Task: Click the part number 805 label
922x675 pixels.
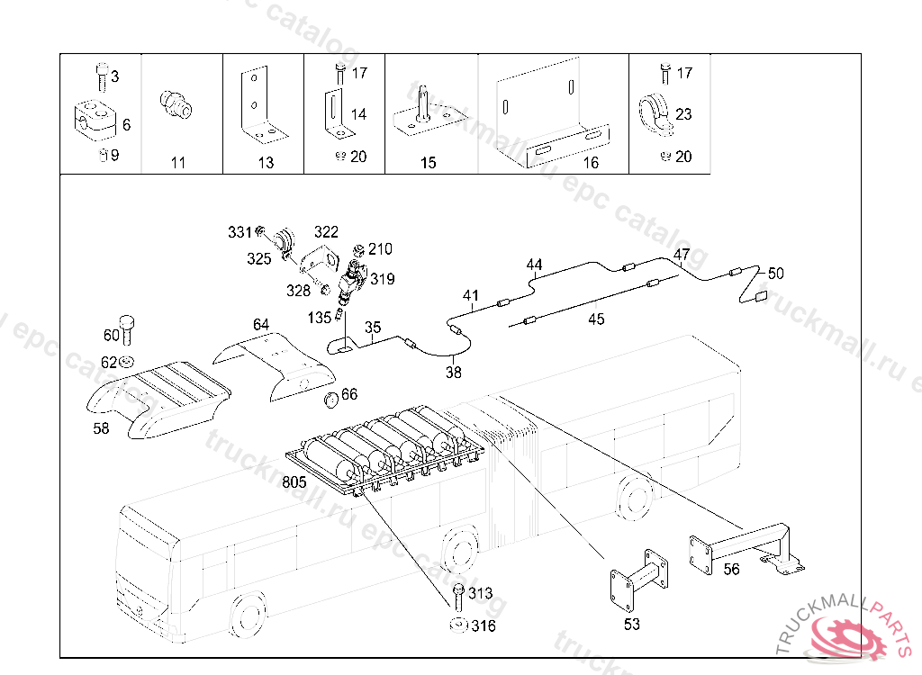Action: point(294,481)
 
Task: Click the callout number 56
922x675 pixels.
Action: point(731,568)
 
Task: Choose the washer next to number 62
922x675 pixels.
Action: point(127,362)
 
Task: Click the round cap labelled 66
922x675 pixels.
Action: point(330,399)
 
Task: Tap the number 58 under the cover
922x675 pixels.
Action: point(101,428)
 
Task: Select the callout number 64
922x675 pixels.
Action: point(260,324)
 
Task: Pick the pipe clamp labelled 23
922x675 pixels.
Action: point(655,113)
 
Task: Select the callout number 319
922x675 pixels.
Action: point(382,279)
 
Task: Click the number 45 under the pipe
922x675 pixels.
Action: point(596,319)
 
